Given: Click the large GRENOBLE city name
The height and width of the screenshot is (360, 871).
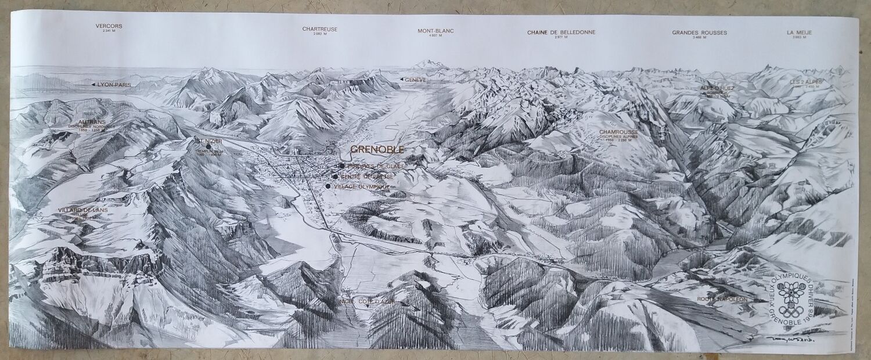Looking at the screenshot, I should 377,149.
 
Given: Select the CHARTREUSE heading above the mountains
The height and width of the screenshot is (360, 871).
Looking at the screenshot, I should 319,29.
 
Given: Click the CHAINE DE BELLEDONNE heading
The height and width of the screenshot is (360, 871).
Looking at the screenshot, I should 561,32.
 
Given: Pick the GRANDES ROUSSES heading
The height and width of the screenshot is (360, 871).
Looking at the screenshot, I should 699,33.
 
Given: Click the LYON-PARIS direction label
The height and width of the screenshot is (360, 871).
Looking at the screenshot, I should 114,85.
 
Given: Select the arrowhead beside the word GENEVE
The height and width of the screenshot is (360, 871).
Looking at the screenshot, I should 401,79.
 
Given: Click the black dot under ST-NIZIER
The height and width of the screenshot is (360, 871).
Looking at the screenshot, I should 208,146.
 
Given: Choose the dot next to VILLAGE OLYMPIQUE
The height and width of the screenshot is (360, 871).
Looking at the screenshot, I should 329,186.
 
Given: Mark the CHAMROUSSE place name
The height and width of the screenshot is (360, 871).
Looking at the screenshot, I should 619,132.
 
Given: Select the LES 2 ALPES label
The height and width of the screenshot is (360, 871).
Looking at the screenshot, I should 806,82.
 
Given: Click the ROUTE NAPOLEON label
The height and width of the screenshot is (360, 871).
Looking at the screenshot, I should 722,299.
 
